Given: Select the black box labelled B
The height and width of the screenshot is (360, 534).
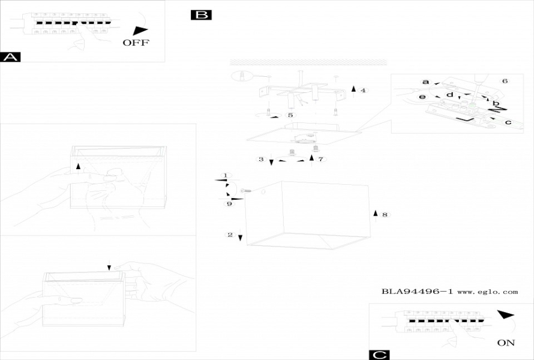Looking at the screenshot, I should coord(201,15).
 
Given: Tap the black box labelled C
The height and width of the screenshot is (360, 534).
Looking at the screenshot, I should coord(379,355).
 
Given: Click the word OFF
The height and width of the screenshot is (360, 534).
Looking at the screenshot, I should coord(136,43).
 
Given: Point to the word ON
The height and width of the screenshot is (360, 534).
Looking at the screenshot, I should coord(506,343).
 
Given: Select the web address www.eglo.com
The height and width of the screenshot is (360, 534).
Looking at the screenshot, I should coord(487,292).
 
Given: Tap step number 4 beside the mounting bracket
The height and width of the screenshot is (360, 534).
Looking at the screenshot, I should coord(363,90).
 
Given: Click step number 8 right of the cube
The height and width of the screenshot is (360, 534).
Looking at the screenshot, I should coord(385,214).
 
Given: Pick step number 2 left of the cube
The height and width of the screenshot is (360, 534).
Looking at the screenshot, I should coord(230,235).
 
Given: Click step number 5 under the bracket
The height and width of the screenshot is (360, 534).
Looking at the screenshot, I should coord(290,115).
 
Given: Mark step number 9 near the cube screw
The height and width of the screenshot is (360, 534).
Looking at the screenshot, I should coord(229,204).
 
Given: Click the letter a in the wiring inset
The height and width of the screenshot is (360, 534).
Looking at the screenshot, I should coord(425,82).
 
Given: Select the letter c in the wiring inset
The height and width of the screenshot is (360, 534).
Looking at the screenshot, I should coord(508,122).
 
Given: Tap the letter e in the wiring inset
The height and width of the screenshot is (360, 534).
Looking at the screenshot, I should coord(422,97).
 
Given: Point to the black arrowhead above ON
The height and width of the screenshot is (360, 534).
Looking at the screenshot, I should coord(506,314).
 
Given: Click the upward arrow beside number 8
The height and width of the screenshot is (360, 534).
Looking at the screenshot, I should coord(376,213).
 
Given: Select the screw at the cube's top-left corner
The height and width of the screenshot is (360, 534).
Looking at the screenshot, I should coord(245,190).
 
